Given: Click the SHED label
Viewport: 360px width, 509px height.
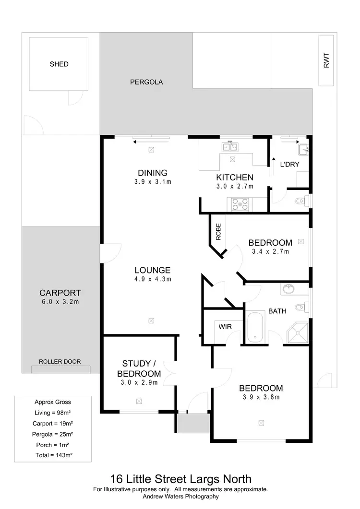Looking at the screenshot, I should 59,64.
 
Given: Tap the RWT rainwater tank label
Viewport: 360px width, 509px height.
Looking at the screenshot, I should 326,59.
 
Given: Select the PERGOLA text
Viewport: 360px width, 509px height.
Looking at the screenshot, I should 146,82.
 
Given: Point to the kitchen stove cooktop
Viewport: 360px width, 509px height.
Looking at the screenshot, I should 240,204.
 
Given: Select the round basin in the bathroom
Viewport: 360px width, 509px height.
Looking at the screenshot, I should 289,289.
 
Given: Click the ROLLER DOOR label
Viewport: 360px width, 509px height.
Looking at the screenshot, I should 60,362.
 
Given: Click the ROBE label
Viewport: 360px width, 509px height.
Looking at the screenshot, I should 218,232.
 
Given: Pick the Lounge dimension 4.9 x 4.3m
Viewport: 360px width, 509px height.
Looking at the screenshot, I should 153,279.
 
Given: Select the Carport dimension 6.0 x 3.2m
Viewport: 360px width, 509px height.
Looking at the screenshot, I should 60,302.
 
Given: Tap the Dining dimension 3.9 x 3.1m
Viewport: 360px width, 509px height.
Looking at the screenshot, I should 153,182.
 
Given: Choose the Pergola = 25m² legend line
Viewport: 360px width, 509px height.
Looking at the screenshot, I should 53,434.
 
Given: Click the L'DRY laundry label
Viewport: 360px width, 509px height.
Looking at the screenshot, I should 289,165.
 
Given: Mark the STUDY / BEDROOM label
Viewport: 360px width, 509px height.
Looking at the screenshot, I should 141,368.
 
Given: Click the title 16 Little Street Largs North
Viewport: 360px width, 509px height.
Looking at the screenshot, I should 180,479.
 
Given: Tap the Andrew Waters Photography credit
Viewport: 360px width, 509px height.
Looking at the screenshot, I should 180,497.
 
